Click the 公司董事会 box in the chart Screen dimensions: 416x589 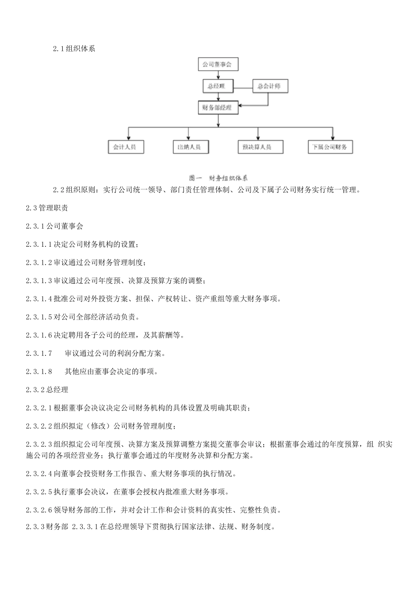(217, 65)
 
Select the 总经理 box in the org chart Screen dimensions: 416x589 (217, 86)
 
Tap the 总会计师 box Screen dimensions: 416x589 (270, 86)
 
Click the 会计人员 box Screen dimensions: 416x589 (125, 147)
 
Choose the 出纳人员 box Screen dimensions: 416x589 (190, 147)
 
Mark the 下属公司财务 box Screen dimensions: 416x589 (330, 147)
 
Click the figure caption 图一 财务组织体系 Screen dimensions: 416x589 (218, 178)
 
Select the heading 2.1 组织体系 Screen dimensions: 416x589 (74, 49)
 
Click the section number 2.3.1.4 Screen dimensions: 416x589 (39, 299)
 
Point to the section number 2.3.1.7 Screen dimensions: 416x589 (39, 353)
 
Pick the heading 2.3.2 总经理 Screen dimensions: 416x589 (47, 390)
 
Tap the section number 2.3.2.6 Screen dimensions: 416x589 (39, 510)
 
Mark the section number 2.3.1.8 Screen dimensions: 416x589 (39, 372)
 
